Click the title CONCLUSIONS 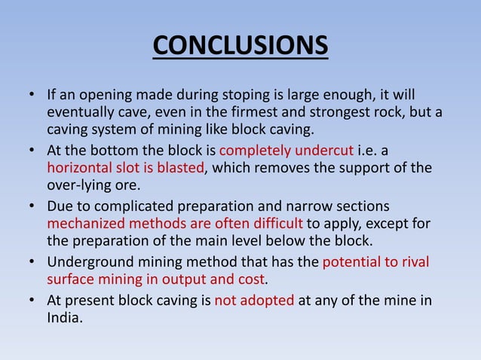240,45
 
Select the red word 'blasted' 180,167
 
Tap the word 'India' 63,317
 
